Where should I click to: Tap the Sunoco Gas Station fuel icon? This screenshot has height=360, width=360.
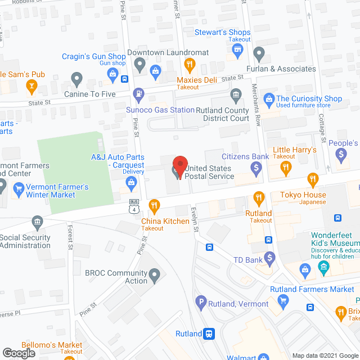point(138,93)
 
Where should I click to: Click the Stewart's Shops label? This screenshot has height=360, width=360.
point(223,32)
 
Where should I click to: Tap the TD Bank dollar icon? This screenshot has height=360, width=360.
point(270,259)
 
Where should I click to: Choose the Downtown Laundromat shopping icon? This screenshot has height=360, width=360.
point(156,70)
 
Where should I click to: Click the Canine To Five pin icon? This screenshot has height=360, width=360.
point(76,78)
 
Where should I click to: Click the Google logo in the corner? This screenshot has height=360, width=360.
point(19,352)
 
